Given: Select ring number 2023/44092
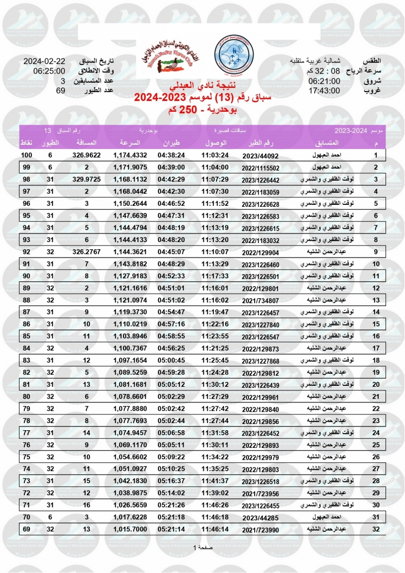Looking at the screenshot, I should pyautogui.click(x=260, y=156).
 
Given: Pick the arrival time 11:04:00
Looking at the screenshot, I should pyautogui.click(x=215, y=167).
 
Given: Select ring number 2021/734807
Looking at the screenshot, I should pyautogui.click(x=261, y=300).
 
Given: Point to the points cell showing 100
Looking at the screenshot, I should pyautogui.click(x=27, y=156).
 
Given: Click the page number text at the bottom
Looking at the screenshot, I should pyautogui.click(x=202, y=547).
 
